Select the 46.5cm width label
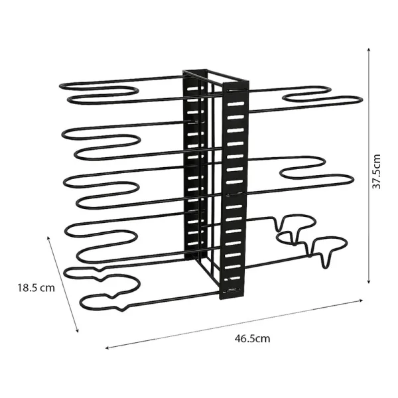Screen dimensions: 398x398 (x=252, y=338)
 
